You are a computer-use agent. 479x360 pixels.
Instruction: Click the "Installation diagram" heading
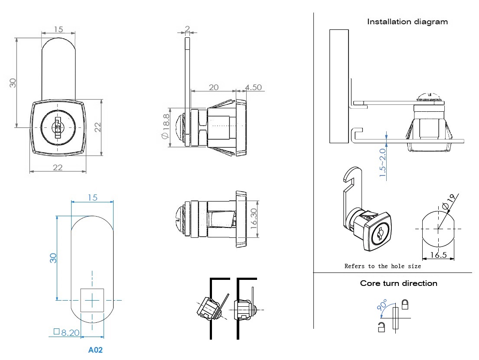[x=407, y=22]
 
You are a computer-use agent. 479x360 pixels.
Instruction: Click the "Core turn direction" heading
[x=398, y=283]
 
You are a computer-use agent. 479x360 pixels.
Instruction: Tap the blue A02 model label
[x=95, y=350]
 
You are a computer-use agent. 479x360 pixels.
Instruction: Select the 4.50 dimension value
[x=254, y=87]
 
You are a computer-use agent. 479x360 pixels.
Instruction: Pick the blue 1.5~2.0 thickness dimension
[x=382, y=163]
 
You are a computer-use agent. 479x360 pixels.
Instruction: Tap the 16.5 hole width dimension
[x=439, y=255]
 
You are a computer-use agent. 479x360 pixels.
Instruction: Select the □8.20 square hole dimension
[x=66, y=332]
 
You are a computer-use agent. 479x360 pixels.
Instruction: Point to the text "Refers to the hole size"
[x=382, y=266]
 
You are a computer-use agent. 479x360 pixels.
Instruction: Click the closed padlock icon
[x=405, y=305]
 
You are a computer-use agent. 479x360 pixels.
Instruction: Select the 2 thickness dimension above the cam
[x=187, y=29]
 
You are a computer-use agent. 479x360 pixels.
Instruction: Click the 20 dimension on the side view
[x=214, y=87]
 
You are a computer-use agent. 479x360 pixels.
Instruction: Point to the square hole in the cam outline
[x=92, y=300]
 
